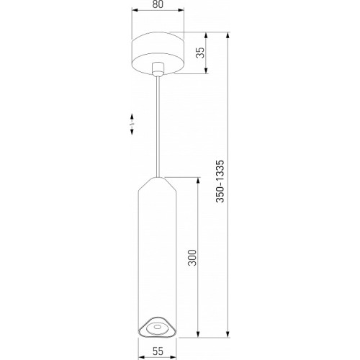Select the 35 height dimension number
coord(200,53)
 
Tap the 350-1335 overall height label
coord(221,181)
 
